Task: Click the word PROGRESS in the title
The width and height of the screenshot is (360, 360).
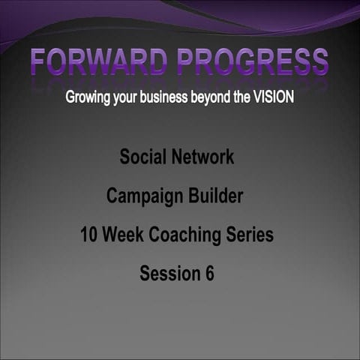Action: (252, 61)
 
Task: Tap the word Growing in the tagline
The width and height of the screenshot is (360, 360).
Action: (88, 98)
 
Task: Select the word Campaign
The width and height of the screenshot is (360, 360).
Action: (141, 197)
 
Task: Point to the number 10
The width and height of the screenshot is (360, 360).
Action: (89, 235)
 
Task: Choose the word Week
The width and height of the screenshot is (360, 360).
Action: (121, 235)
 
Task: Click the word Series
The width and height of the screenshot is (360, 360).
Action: (250, 235)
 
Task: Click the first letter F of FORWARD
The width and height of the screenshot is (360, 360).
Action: (41, 61)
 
